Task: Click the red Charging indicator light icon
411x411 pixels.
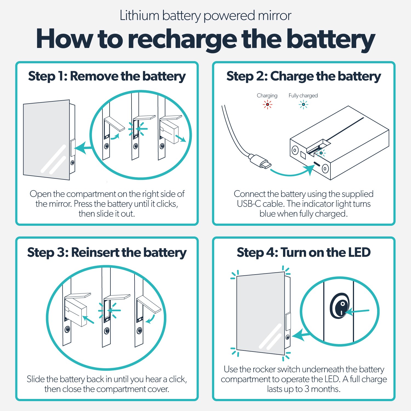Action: point(267,104)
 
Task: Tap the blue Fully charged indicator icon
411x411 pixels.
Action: point(303,104)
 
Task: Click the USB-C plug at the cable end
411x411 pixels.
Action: point(261,162)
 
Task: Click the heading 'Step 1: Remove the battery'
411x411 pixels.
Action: point(107,76)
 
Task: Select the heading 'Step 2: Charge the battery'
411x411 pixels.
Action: point(304,76)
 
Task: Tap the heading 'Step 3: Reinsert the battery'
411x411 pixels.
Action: point(107,252)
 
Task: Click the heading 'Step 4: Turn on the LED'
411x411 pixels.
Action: point(304,252)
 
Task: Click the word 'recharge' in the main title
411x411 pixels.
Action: point(182,39)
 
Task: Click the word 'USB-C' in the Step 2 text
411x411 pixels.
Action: point(249,204)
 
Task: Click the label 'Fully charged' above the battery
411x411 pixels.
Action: point(303,96)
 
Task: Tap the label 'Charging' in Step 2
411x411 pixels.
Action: point(267,96)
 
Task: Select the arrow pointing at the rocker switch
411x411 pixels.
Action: point(358,312)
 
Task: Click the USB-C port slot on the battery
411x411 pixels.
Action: point(316,164)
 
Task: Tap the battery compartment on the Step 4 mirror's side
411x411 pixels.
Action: point(288,322)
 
